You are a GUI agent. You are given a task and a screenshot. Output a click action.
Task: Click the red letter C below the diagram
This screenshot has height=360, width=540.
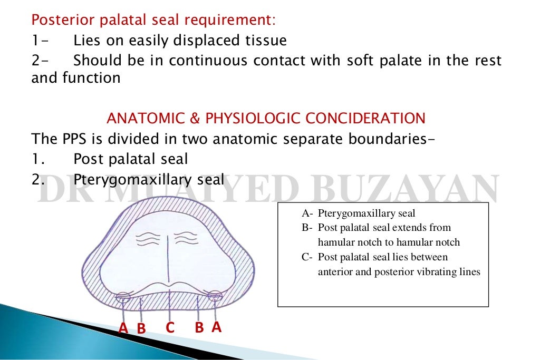[170, 327]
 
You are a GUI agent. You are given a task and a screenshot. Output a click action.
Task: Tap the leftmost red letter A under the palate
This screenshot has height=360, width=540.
[123, 328]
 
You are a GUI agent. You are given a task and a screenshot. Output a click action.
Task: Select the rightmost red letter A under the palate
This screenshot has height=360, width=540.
[216, 327]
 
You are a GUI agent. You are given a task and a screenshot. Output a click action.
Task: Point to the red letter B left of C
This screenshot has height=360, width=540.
[141, 328]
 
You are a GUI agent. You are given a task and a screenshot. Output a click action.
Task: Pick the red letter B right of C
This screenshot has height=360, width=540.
[199, 327]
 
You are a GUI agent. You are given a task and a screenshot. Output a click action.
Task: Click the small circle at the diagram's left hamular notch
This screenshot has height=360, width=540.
[122, 297]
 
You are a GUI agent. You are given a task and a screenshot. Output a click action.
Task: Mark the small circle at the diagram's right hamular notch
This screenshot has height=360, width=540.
[215, 296]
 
